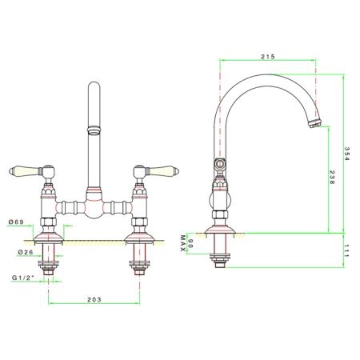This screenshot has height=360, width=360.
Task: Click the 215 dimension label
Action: pos(268,57)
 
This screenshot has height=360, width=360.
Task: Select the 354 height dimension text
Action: pos(346,154)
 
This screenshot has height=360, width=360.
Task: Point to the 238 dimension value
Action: pos(331,178)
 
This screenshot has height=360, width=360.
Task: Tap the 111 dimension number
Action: pos(346,250)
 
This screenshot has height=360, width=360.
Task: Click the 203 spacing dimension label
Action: pos(94,299)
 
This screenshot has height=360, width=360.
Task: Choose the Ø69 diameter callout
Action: pos(16,222)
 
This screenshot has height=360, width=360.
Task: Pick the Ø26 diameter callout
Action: pos(26,252)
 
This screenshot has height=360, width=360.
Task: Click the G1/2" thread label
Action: pos(23,278)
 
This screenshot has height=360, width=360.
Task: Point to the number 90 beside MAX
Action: pos(190,244)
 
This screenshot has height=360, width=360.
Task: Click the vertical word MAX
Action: pos(182,243)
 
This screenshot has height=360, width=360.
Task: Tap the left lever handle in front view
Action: pos(26,170)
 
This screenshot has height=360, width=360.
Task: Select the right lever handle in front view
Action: pos(162,170)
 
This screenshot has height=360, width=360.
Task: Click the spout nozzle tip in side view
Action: pos(315,124)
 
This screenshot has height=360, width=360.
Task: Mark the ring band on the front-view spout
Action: pos(94,130)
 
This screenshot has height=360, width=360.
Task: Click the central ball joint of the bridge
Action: pos(94,207)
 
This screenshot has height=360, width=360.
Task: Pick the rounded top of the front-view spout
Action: pos(94,85)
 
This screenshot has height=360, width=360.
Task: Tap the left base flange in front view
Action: pos(48,238)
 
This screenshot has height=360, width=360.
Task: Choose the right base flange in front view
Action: pos(139,238)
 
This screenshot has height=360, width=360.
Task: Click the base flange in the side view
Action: pos(220,230)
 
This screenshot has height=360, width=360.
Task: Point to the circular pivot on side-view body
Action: pos(220,163)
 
